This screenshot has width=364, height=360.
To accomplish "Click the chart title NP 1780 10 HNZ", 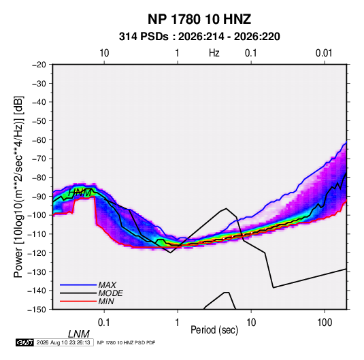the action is click(x=199, y=19).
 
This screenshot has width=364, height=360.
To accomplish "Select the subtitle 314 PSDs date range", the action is click(x=199, y=37).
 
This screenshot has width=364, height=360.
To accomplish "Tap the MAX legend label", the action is click(x=107, y=284).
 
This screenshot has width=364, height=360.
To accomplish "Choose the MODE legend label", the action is click(x=110, y=293).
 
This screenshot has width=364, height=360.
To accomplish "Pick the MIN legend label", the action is click(x=106, y=301).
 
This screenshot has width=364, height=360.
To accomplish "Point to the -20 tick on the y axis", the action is click(x=39, y=65).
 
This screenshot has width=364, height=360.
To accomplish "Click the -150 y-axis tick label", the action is click(x=37, y=310).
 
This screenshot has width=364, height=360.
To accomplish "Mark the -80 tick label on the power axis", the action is click(x=39, y=178).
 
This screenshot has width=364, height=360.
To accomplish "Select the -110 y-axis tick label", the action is click(x=37, y=234).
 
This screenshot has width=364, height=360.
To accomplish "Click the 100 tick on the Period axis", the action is click(x=325, y=323).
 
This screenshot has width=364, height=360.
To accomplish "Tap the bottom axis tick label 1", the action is click(x=178, y=323).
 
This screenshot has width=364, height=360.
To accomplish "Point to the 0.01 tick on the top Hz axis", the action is click(x=324, y=53).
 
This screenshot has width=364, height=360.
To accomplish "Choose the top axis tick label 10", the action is click(x=104, y=53).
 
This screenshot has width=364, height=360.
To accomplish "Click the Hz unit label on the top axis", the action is click(x=214, y=53).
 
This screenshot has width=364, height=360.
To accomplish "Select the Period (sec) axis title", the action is click(x=214, y=330).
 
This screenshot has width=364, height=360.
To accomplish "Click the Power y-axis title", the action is click(x=18, y=186).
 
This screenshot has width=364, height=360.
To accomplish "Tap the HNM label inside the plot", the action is click(x=80, y=193).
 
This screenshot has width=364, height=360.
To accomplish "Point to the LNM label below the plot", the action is click(x=78, y=334).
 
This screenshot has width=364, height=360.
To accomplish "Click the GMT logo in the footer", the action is click(x=24, y=342).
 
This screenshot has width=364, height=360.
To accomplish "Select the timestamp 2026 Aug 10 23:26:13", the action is click(x=63, y=342).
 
